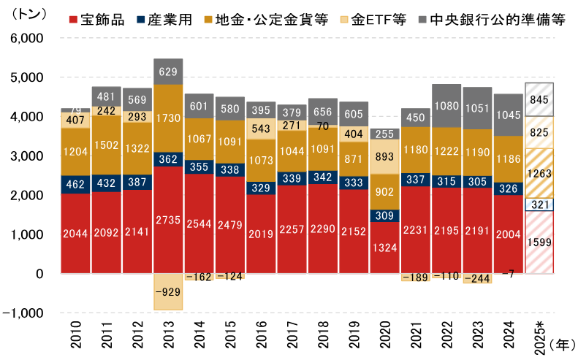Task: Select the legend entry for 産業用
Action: tap(171, 20)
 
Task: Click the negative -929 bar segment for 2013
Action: tap(168, 291)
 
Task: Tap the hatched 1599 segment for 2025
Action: tap(539, 242)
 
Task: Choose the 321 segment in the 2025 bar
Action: tap(539, 204)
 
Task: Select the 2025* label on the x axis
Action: tap(539, 337)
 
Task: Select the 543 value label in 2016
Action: tap(260, 129)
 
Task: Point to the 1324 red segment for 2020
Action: tap(384, 248)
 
